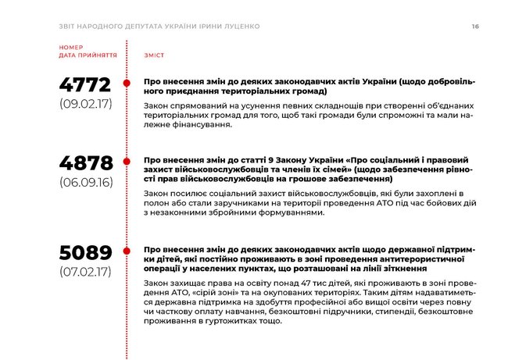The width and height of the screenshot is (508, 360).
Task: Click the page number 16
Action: click(x=475, y=27)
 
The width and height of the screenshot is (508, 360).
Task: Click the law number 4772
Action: click(x=86, y=84)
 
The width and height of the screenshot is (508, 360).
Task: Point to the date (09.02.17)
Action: click(x=86, y=104)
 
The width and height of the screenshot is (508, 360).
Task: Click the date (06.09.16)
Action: click(x=86, y=181)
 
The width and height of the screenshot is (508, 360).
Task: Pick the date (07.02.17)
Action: click(x=86, y=273)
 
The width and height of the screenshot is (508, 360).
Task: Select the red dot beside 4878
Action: click(x=127, y=161)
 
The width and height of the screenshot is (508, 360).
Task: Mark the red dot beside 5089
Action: click(x=127, y=251)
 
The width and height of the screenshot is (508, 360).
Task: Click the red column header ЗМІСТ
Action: click(x=154, y=56)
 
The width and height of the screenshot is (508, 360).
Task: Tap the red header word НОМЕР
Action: click(x=70, y=49)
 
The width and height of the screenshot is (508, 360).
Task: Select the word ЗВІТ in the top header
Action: click(x=70, y=27)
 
